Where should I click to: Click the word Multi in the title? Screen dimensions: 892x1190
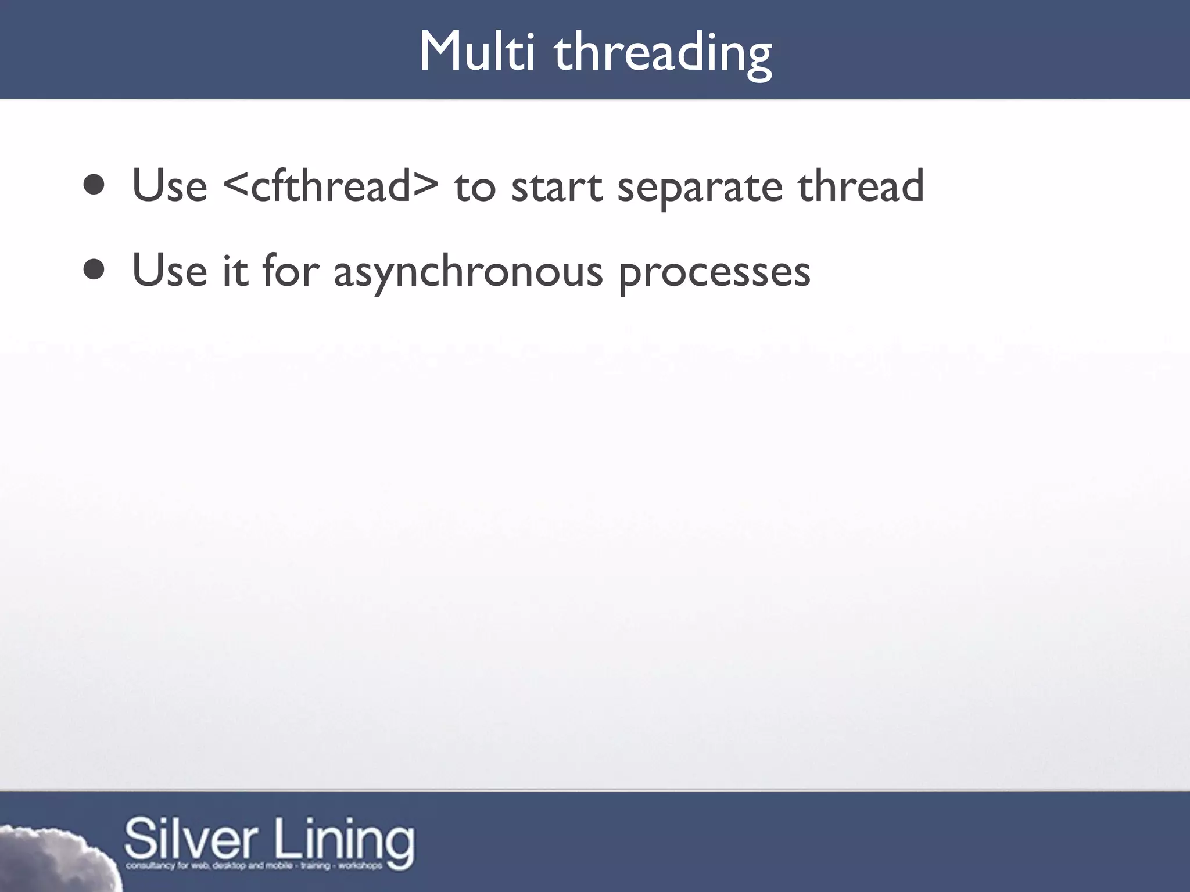click(x=476, y=52)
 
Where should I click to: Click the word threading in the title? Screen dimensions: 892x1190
click(x=662, y=53)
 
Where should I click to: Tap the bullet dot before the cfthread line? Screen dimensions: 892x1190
click(x=94, y=186)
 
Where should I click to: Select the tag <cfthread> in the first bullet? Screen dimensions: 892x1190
click(x=331, y=186)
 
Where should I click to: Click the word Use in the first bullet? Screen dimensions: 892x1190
click(x=169, y=186)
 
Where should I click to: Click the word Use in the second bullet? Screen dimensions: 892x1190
click(x=169, y=270)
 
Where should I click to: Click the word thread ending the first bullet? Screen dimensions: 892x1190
click(x=861, y=186)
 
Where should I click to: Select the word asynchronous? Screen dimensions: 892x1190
click(x=468, y=272)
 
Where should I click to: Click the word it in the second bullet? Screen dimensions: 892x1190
click(x=235, y=270)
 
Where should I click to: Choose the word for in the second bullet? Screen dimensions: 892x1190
click(x=291, y=270)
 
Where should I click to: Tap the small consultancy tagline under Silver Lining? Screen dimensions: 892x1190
click(x=254, y=866)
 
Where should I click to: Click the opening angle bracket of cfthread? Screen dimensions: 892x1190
click(x=235, y=187)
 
